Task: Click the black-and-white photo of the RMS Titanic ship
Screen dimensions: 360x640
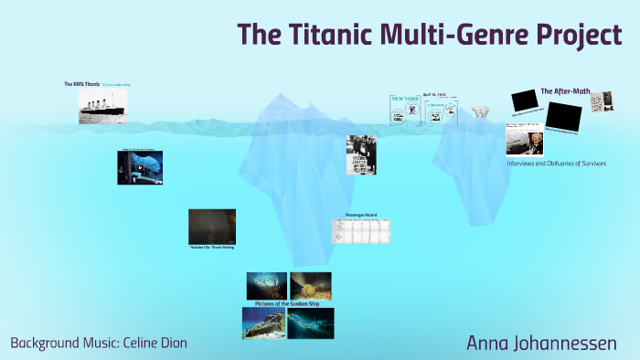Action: [x=108, y=106]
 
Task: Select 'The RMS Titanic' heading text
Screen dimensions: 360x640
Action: [x=80, y=84]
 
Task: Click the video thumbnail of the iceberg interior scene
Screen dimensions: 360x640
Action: [x=139, y=167]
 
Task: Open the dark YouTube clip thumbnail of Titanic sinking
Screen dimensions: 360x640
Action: [x=211, y=227]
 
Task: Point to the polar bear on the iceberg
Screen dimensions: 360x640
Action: [x=481, y=112]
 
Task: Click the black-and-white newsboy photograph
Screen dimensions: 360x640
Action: [x=360, y=154]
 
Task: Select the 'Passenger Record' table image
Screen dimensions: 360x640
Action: [x=360, y=230]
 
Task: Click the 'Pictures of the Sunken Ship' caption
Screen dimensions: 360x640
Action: [x=287, y=302]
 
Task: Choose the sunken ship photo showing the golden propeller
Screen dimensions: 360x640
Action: [x=310, y=285]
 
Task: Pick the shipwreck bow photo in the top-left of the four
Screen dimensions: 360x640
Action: [x=266, y=285]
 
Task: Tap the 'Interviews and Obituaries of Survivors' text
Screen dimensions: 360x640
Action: [x=556, y=163]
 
